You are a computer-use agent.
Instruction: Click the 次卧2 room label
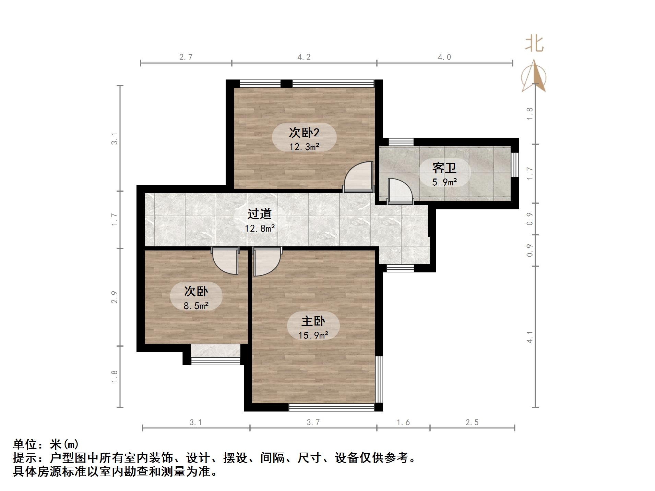304,132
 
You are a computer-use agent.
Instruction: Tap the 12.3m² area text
304,147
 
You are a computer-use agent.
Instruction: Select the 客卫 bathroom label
444,168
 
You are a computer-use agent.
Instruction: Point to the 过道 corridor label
260,214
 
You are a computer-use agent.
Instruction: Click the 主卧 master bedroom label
313,321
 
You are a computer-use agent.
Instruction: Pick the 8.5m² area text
196,306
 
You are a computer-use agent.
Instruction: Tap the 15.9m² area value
313,335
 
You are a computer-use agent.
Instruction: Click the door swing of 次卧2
359,176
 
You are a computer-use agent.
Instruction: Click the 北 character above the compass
534,44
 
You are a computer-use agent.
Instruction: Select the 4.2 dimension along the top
304,57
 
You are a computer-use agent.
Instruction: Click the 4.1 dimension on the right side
530,337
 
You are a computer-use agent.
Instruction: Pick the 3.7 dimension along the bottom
313,422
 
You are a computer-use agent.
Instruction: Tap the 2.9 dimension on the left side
115,297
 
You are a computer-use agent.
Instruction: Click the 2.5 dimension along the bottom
472,422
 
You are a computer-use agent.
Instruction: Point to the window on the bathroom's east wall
514,164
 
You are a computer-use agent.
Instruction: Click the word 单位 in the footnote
25,444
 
